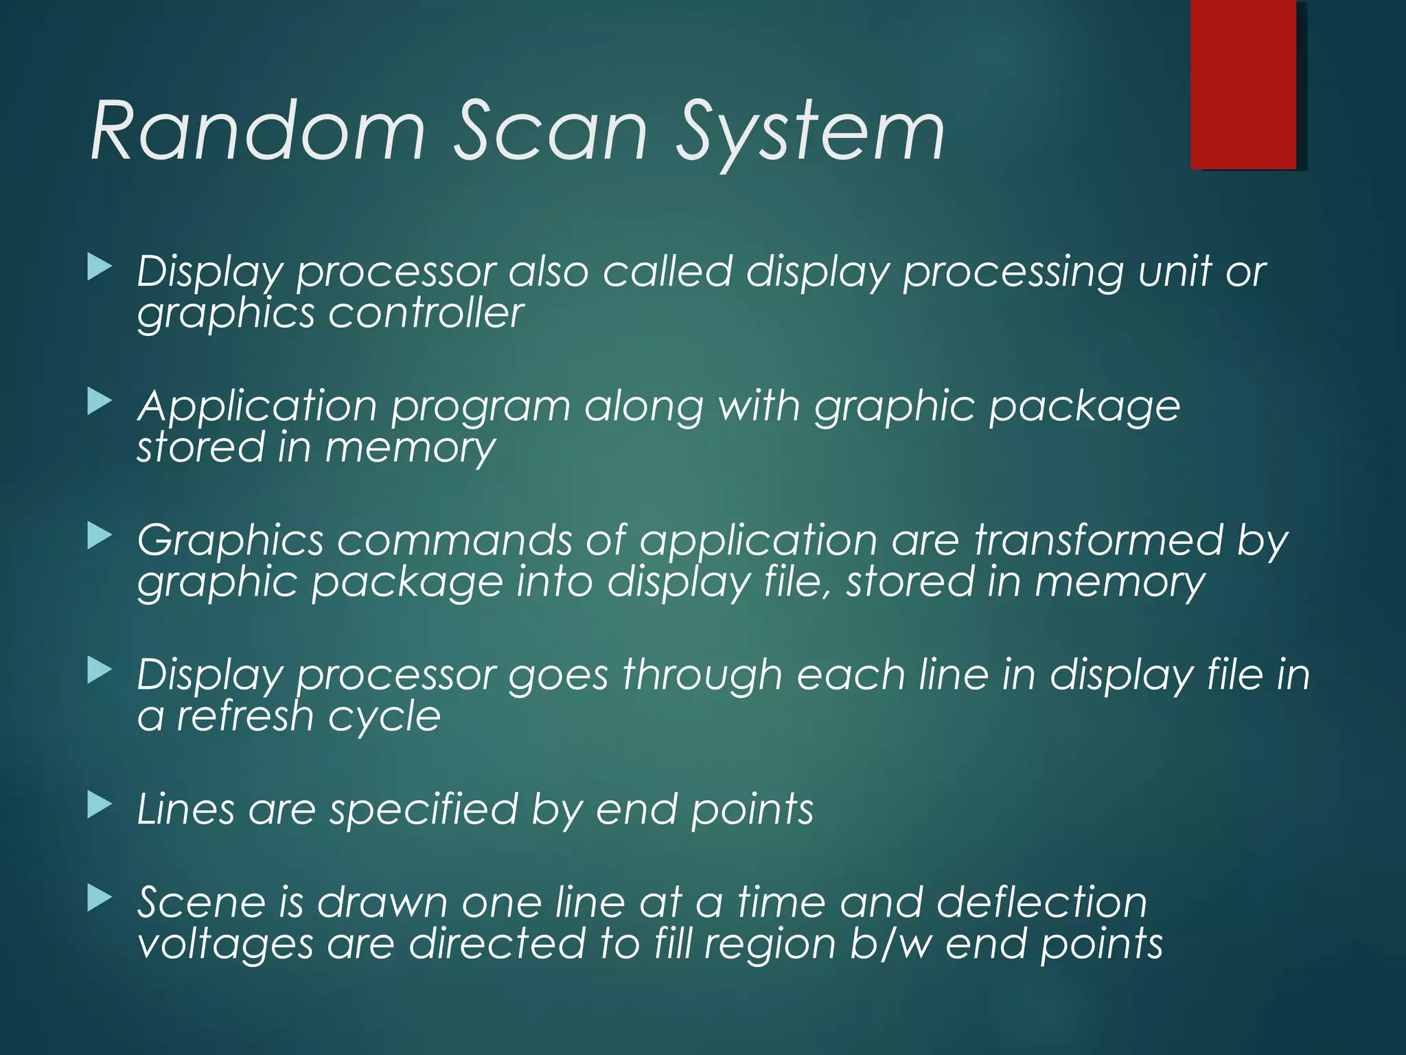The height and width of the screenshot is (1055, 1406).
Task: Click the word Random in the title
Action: click(257, 131)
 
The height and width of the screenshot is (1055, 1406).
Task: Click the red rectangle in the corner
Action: click(1243, 84)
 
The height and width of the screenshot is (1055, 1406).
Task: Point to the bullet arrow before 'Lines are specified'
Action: click(100, 805)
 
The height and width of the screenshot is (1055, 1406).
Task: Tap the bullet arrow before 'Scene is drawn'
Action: click(100, 898)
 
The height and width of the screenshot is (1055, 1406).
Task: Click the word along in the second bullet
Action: click(643, 407)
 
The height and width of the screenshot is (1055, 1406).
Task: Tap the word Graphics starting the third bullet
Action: click(230, 541)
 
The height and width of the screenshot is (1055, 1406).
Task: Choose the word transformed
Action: click(1098, 540)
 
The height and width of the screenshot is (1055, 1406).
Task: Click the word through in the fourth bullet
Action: click(702, 676)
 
